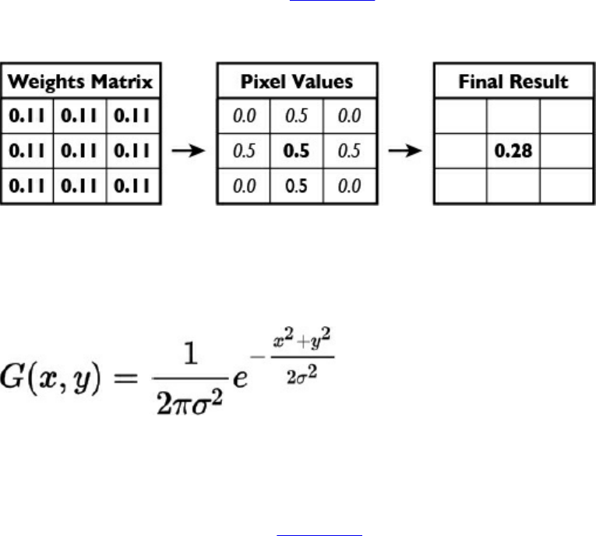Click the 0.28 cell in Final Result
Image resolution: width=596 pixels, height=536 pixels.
(x=514, y=151)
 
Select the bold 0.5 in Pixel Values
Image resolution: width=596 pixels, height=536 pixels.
(x=298, y=151)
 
